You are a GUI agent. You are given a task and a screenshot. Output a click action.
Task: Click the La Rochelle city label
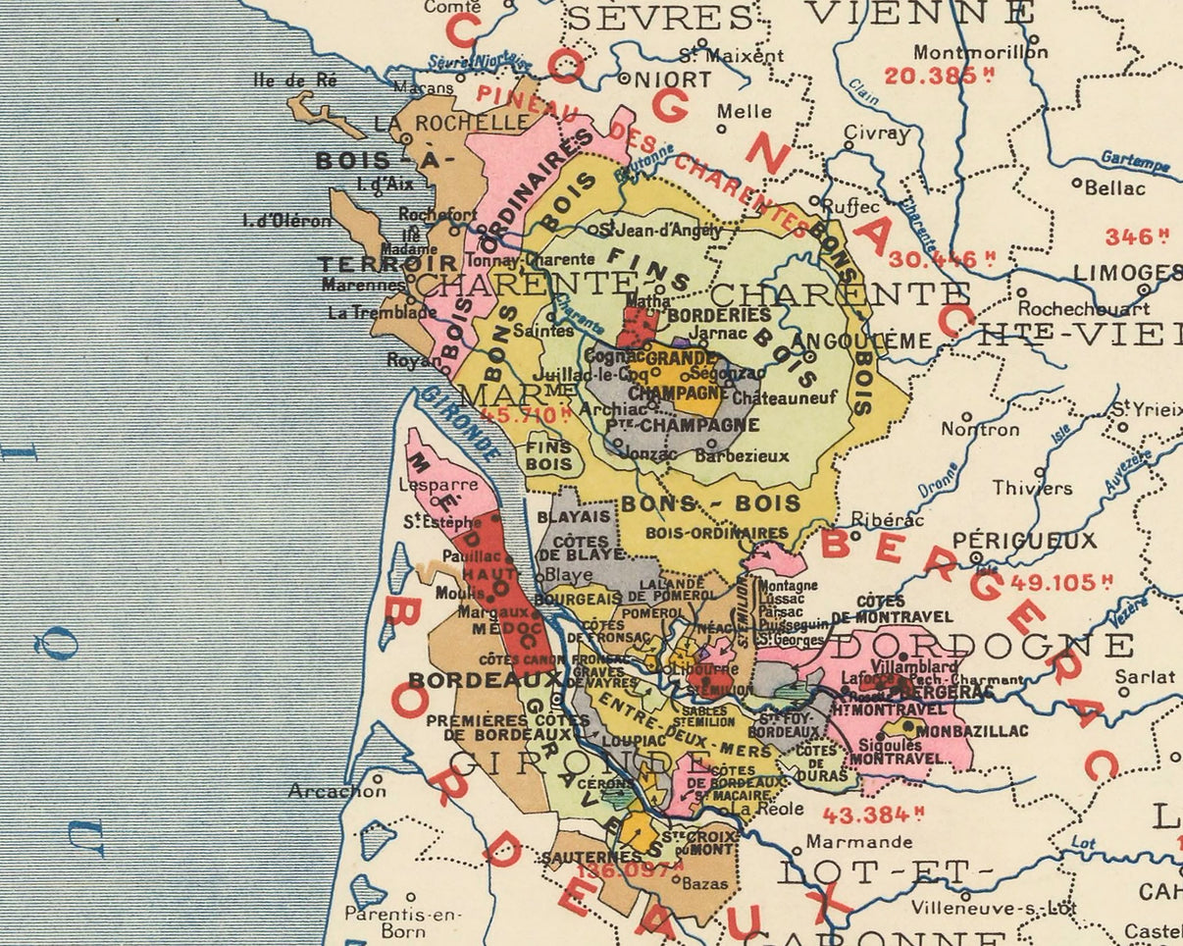coord(450,123)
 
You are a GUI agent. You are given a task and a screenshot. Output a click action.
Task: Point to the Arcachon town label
coord(336,791)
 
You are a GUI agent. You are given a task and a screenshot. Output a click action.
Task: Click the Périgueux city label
coord(1024,540)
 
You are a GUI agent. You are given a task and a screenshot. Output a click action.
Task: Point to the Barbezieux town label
coord(742,455)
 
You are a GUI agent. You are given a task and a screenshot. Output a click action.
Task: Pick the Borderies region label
coord(719,315)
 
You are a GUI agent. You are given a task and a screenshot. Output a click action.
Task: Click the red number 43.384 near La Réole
coord(873,815)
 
